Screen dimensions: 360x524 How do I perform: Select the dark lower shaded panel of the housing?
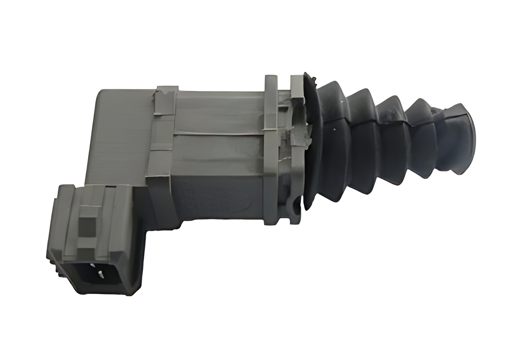(x=215, y=199)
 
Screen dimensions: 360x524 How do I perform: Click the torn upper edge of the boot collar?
(x=309, y=77)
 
